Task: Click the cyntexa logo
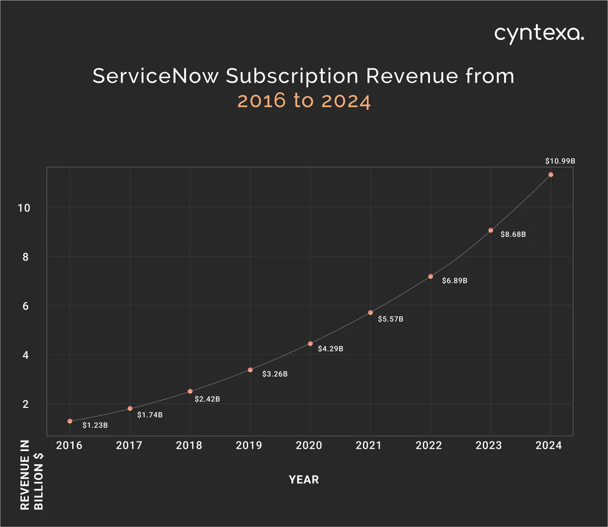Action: point(539,34)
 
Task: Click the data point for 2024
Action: point(551,175)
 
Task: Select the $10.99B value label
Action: point(560,161)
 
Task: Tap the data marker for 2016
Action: point(70,421)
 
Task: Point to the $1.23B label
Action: point(95,425)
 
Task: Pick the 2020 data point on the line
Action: point(310,344)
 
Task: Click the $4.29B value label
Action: point(330,349)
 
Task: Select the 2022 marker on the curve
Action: point(430,276)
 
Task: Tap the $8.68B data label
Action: point(513,235)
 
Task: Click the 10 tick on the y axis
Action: point(24,208)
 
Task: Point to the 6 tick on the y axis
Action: point(26,306)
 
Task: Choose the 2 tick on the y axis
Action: point(26,405)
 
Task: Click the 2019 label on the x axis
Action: point(249,445)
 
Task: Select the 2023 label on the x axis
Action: point(489,445)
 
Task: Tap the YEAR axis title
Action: point(304,480)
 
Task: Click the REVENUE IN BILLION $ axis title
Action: point(32,475)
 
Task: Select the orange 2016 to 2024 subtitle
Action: point(304,101)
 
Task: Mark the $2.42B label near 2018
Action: point(207,399)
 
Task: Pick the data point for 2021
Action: point(370,312)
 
